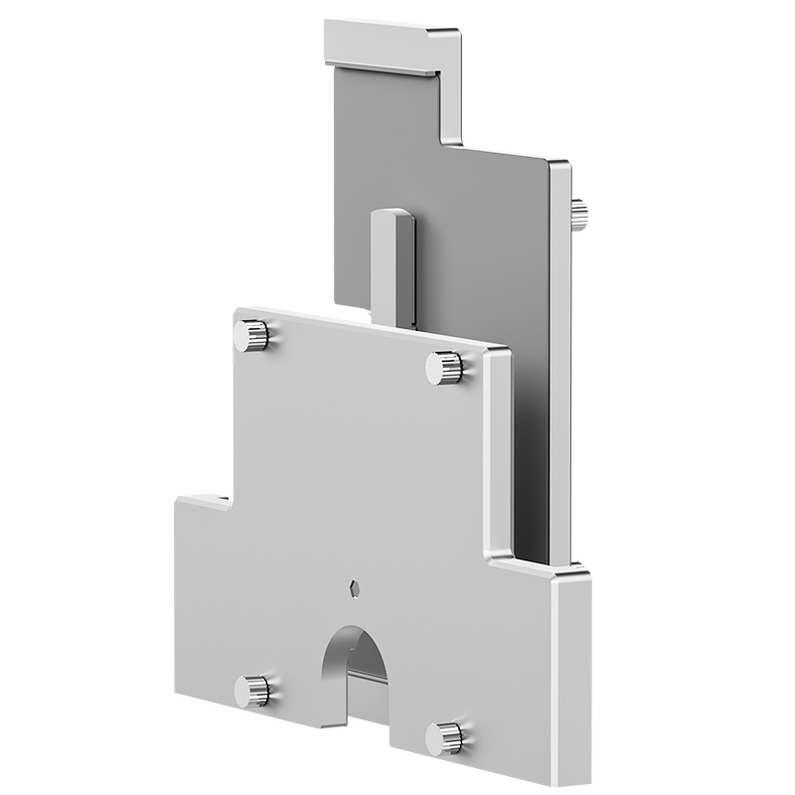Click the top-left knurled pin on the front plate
point(252,335)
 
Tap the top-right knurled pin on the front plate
point(444,369)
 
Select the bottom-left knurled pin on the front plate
point(252,690)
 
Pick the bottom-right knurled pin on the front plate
point(444,737)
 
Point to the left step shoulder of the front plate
point(203,497)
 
